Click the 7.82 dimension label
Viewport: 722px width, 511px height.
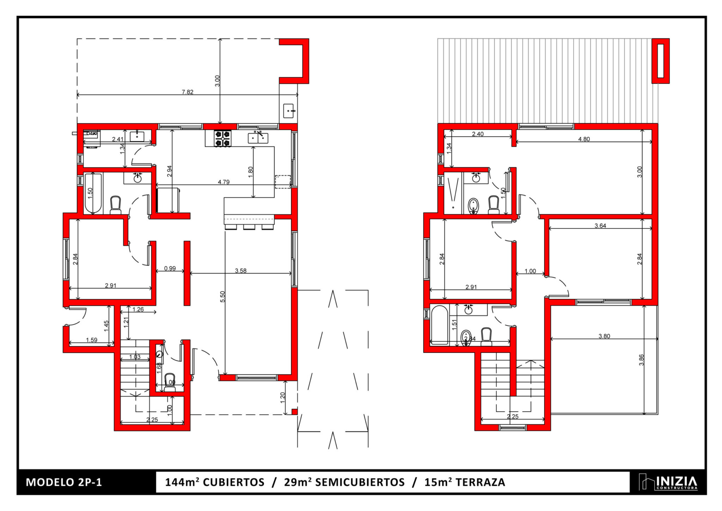[x=187, y=92]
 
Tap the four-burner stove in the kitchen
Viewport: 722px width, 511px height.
[x=223, y=138]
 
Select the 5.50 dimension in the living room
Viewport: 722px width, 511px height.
[x=222, y=296]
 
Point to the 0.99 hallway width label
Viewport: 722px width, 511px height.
[x=170, y=268]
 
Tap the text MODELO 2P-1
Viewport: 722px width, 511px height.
[x=64, y=482]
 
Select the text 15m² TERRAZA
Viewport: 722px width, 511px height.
[x=465, y=482]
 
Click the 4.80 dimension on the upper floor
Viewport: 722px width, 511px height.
[x=584, y=139]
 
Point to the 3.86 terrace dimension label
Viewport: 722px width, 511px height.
[x=641, y=360]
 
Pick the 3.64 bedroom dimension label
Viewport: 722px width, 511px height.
[x=600, y=226]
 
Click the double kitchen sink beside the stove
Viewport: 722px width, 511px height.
[x=258, y=138]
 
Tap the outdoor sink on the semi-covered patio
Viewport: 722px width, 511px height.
[x=289, y=111]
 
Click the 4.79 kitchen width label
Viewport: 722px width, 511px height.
[x=224, y=182]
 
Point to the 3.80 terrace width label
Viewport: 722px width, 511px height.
[x=604, y=336]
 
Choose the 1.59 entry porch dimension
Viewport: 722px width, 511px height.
[x=91, y=340]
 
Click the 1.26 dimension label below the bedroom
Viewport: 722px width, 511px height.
[x=138, y=309]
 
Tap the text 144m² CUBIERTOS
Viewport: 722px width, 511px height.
[x=215, y=482]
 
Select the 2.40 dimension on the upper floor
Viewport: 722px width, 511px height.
[x=478, y=134]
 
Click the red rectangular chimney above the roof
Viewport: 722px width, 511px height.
[x=660, y=61]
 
